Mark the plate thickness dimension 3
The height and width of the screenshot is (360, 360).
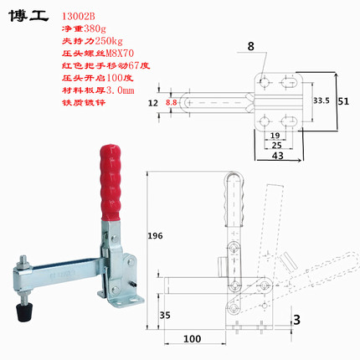296,318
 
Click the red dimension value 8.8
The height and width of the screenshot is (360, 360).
172,102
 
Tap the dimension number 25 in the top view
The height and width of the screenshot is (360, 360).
275,145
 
